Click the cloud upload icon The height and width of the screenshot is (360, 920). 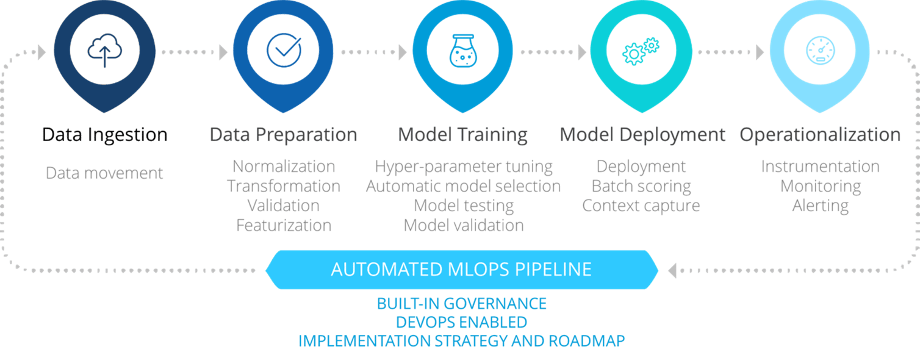click(x=105, y=51)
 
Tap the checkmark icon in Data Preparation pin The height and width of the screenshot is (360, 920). click(x=284, y=50)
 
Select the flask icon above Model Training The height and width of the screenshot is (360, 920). click(x=463, y=51)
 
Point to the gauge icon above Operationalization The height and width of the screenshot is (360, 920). click(x=820, y=51)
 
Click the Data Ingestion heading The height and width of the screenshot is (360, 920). click(x=105, y=135)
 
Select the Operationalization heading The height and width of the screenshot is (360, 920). click(x=820, y=135)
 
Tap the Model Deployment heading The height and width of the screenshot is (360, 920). click(x=642, y=135)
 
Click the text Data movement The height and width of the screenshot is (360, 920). click(x=104, y=173)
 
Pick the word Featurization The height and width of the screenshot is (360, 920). click(x=284, y=225)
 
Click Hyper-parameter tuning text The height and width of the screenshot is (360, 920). click(x=464, y=167)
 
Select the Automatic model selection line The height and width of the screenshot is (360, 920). click(x=464, y=186)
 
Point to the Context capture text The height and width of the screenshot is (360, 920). click(x=641, y=206)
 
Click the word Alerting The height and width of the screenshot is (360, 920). click(x=820, y=206)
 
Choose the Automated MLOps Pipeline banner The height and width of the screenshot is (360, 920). click(x=462, y=270)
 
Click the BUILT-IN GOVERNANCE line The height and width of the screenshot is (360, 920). click(x=462, y=304)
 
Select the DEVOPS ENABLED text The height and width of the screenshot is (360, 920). click(x=462, y=322)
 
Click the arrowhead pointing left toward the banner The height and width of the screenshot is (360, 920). click(x=672, y=271)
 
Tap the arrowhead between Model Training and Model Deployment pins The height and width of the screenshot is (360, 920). click(x=582, y=52)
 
